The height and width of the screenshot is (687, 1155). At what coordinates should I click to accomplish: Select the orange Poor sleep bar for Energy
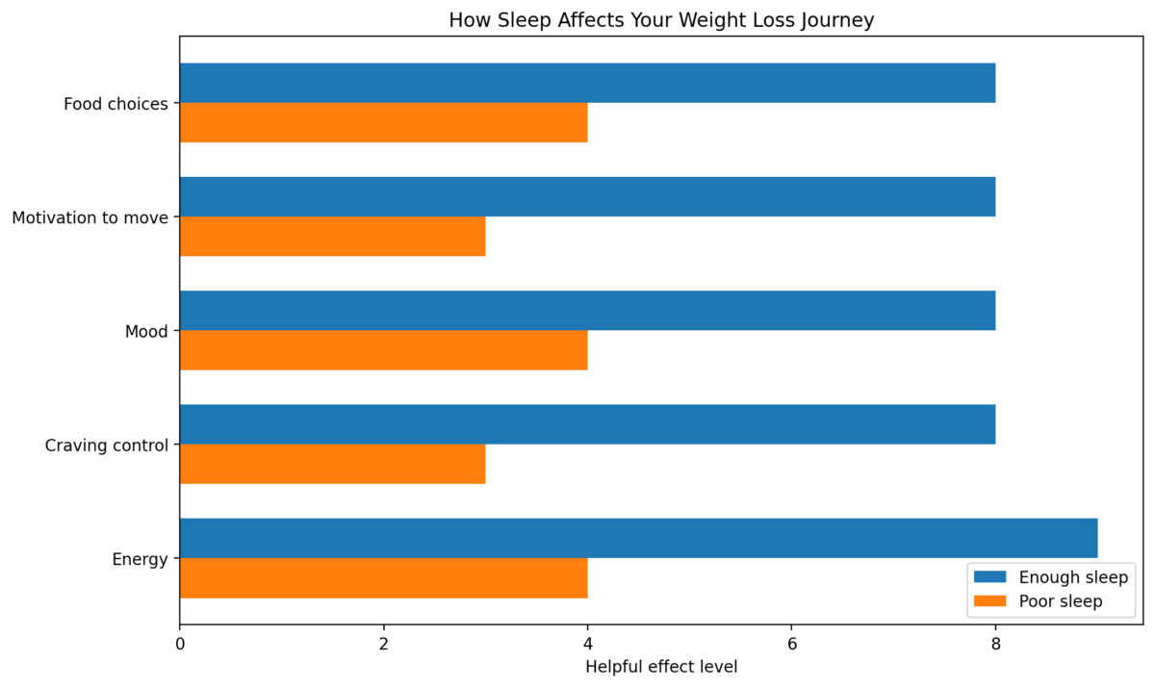click(383, 578)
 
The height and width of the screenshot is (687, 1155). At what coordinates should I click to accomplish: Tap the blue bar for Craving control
click(587, 424)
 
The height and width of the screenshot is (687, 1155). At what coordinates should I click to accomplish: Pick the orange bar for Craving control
click(332, 464)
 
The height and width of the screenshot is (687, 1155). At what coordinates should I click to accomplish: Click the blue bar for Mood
click(587, 311)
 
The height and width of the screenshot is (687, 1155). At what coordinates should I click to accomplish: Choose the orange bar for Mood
click(383, 350)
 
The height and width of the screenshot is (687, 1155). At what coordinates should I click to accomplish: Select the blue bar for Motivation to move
click(587, 196)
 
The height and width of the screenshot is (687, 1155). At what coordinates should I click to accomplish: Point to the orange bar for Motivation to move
click(332, 237)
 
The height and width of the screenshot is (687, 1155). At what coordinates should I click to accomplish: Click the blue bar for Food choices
click(587, 83)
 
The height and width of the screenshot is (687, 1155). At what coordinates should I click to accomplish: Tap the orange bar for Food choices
click(383, 122)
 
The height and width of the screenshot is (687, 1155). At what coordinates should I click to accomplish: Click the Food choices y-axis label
click(115, 104)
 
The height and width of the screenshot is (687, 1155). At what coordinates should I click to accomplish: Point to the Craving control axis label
click(107, 445)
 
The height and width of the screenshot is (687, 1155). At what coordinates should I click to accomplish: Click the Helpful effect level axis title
click(660, 666)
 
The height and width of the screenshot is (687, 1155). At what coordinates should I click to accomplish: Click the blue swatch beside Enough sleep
click(989, 577)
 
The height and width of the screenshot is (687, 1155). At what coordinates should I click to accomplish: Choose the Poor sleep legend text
click(1060, 601)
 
